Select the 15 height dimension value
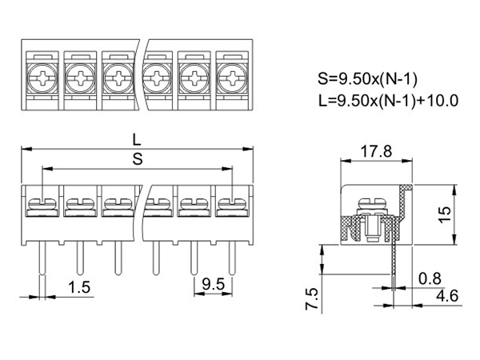click(445, 213)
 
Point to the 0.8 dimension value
click(429, 278)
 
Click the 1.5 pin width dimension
click(78, 286)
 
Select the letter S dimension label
click(137, 158)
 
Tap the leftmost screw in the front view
click(41, 206)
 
